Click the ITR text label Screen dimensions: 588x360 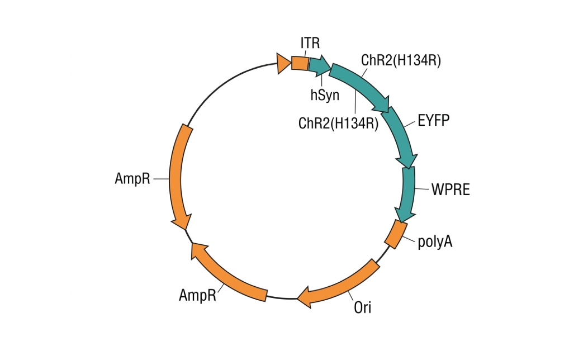click(x=310, y=43)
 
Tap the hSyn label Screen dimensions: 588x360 click(x=325, y=95)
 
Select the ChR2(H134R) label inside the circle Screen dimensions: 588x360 click(x=338, y=123)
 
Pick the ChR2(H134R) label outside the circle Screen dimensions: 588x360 click(x=401, y=60)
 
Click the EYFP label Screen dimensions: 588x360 click(x=434, y=120)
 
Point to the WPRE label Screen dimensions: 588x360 click(x=451, y=190)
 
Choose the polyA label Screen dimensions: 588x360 click(x=435, y=241)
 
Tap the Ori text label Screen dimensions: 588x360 click(x=362, y=307)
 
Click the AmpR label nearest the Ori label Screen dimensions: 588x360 click(x=197, y=295)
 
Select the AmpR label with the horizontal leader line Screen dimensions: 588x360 click(x=132, y=178)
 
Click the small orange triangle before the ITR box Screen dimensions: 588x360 click(x=283, y=63)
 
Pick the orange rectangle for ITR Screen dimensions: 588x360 click(x=300, y=63)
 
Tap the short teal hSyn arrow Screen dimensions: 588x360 click(x=319, y=66)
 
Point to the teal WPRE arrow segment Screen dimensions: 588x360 click(x=408, y=193)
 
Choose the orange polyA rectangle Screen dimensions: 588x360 click(x=396, y=234)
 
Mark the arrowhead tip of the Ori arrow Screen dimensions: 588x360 click(x=297, y=299)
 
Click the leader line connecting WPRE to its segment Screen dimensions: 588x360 click(x=422, y=188)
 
